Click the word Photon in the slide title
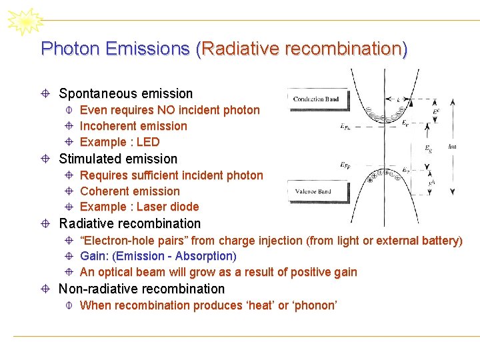(65, 49)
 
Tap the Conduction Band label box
(316, 99)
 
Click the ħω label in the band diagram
(453, 146)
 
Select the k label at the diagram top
(399, 99)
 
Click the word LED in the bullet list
(148, 142)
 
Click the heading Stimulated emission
(118, 159)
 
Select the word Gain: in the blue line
(95, 256)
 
